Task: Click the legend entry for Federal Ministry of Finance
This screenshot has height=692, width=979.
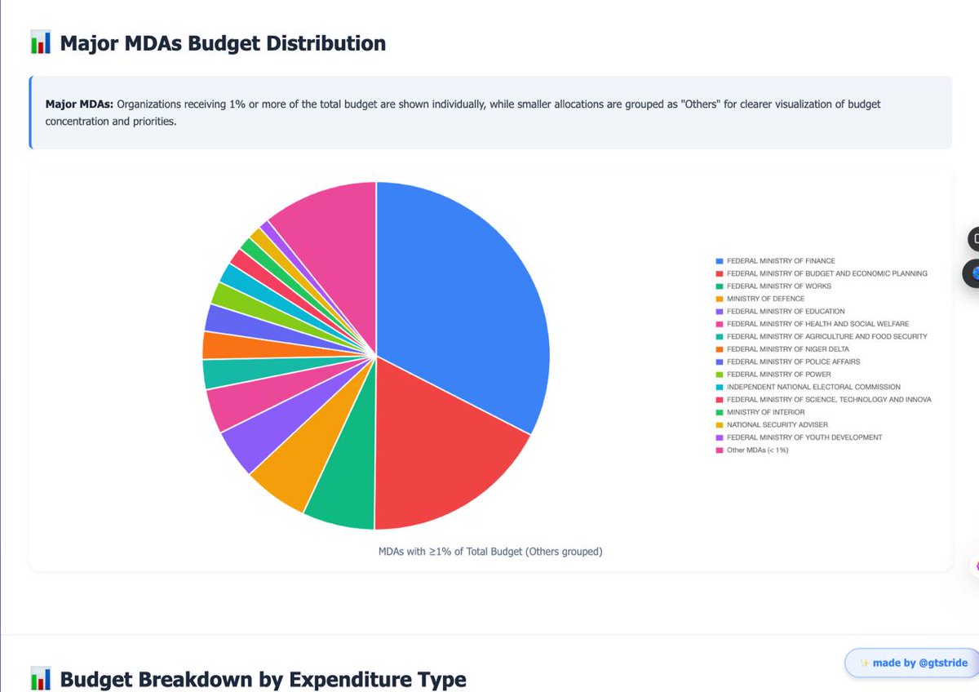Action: point(780,261)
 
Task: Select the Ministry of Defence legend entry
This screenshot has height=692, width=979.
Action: point(765,299)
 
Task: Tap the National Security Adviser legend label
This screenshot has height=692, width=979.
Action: point(777,424)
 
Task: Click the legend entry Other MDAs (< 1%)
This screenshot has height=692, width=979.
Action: point(757,450)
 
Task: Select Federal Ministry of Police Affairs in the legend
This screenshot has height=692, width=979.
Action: point(793,362)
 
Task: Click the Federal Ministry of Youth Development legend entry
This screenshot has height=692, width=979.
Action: point(804,437)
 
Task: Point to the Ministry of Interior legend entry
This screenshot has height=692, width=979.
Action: point(765,412)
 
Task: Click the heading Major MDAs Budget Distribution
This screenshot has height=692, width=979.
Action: point(223,43)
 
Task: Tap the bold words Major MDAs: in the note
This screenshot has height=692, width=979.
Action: point(78,104)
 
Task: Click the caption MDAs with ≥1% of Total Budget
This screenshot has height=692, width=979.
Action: point(489,552)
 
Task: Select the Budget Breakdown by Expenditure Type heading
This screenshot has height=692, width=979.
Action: point(263,679)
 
